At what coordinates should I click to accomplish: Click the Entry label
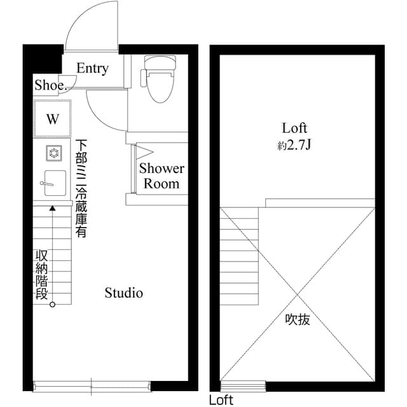(93, 69)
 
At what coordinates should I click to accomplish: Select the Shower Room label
(162, 176)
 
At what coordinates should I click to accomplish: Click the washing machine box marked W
(52, 119)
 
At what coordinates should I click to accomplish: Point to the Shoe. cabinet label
(49, 85)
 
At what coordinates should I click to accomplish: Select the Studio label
(123, 293)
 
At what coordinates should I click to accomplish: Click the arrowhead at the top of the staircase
(52, 207)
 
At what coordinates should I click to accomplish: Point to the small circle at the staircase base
(52, 304)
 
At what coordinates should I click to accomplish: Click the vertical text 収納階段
(41, 275)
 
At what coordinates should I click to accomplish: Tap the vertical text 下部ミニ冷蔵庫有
(81, 188)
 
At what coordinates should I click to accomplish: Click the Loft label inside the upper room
(295, 128)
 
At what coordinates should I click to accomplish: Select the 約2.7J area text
(294, 146)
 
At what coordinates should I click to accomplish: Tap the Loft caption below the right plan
(221, 400)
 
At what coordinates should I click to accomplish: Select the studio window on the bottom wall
(92, 384)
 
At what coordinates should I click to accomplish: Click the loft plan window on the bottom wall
(243, 385)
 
